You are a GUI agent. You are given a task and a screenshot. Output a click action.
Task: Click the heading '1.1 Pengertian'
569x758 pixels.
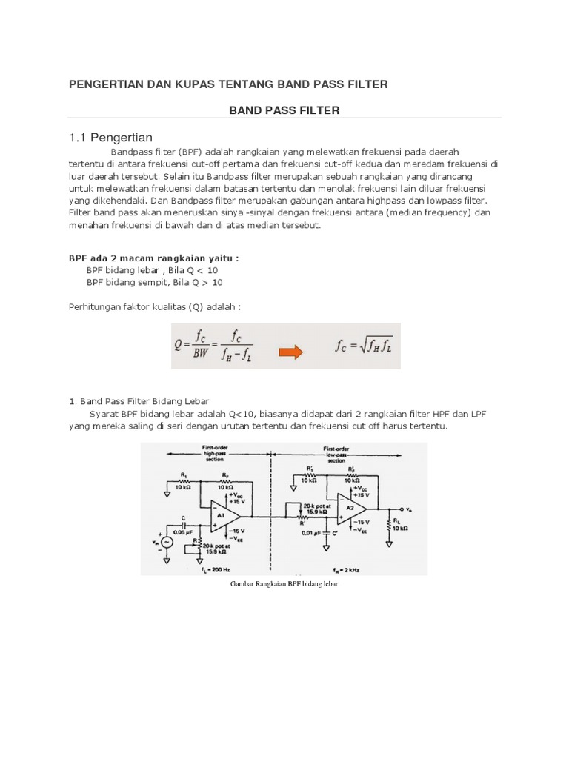110,137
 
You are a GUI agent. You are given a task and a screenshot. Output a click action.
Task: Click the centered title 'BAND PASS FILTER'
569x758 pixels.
284,110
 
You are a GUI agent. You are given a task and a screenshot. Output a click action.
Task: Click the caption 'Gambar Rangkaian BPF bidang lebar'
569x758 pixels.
284,584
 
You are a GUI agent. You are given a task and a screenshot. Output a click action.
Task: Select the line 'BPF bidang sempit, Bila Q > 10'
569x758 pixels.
154,282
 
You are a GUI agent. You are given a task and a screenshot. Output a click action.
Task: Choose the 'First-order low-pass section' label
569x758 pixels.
336,453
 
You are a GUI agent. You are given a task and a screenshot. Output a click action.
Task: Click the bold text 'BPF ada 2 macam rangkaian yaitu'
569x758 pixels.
153,258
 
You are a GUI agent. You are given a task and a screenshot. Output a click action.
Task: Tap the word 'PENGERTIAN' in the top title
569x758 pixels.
107,84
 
